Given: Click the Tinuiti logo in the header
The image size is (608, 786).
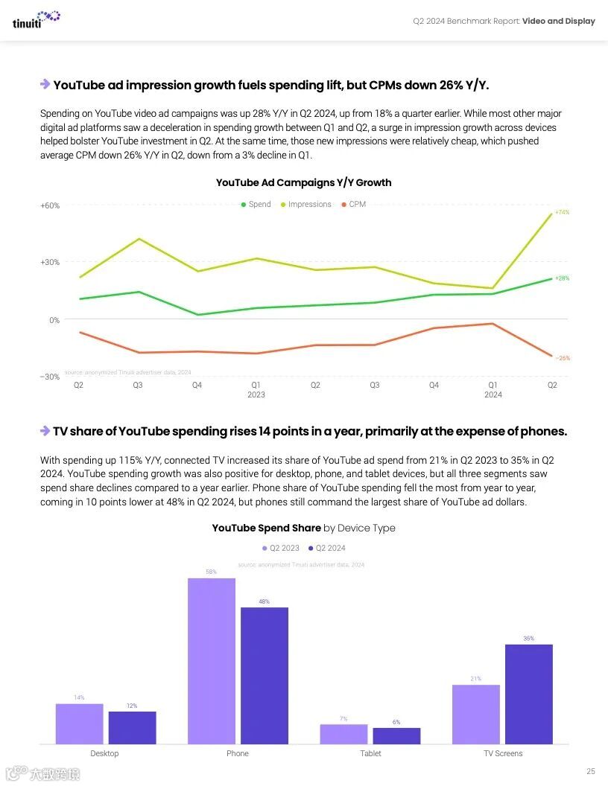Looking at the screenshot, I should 36,19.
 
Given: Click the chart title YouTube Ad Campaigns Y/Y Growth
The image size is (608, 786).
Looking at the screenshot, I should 303,182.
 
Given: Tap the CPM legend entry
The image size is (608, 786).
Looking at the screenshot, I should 354,205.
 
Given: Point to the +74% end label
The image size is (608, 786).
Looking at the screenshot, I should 562,212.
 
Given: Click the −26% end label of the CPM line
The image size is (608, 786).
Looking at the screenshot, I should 563,358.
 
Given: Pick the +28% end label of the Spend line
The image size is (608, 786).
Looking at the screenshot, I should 562,278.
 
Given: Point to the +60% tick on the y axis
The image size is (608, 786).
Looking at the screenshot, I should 50,205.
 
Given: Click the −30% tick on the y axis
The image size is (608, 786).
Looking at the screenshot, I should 50,377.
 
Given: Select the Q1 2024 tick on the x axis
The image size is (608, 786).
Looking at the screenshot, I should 493,389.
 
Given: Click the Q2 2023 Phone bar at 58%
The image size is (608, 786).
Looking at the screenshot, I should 212,660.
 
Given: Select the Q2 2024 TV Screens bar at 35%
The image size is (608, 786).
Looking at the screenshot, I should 528,694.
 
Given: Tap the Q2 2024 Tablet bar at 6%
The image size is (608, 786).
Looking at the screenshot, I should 396,735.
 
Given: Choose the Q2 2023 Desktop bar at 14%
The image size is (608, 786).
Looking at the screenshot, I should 79,723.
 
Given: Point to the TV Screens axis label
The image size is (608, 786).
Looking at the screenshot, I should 503,753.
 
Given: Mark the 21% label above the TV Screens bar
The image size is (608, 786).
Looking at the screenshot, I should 475,679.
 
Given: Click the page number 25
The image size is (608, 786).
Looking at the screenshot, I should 590,771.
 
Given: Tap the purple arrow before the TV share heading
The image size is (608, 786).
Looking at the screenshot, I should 45,431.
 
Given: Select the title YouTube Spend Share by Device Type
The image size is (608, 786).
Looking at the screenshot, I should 303,528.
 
